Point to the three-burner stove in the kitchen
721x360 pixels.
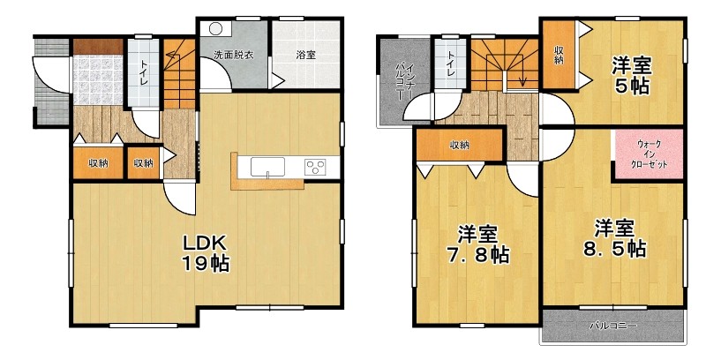tap(314, 166)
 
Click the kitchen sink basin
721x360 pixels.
tap(267, 167)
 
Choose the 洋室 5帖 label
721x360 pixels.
tap(631, 76)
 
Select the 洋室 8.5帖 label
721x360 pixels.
tap(615, 238)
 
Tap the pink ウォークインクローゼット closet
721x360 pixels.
tap(649, 155)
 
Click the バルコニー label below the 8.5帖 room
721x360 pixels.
tap(612, 326)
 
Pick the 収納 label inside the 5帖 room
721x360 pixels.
tap(559, 56)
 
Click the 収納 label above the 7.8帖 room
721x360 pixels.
tap(459, 146)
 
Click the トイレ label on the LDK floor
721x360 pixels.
tap(144, 73)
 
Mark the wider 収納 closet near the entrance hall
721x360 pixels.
tap(99, 163)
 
